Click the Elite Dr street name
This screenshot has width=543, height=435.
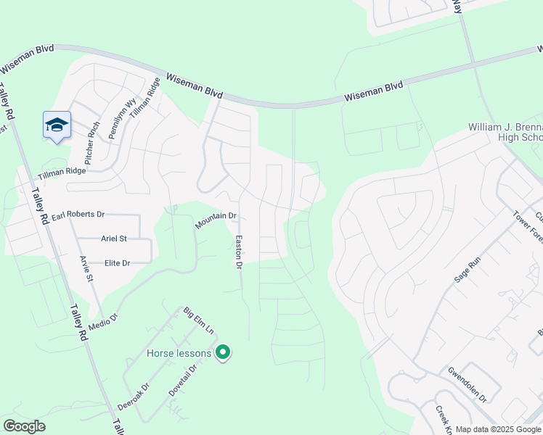(x=117, y=263)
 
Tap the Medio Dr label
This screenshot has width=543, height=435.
(x=103, y=320)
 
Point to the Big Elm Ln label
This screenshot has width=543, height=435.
(x=198, y=320)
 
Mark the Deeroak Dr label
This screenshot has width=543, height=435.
(x=134, y=397)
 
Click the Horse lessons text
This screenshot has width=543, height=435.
(x=179, y=354)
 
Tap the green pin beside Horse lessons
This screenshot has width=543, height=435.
(x=224, y=353)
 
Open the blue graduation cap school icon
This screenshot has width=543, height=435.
(x=57, y=125)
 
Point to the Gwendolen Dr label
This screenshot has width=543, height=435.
(x=467, y=384)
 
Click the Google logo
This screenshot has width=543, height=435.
(x=24, y=426)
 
